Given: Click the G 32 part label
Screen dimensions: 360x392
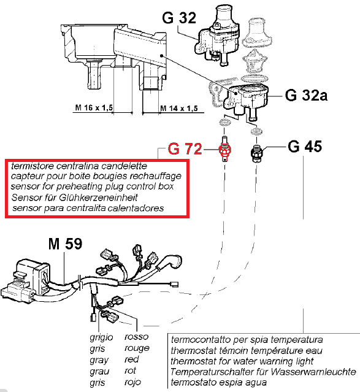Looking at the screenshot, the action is point(179,18).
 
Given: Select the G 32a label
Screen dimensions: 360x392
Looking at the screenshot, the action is point(306,95).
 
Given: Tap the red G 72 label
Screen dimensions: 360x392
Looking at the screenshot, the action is point(185,149).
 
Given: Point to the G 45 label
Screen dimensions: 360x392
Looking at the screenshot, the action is point(305,147).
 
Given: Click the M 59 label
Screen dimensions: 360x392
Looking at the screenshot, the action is point(65,244).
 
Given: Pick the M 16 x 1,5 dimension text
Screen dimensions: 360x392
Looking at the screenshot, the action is point(94,108).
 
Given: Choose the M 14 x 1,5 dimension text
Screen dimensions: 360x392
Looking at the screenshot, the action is point(178,108).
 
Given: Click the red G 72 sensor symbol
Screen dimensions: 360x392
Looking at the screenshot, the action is point(224,150).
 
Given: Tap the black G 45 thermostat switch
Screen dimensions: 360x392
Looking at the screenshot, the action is point(256,153).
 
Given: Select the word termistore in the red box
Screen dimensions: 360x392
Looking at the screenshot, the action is point(33,166).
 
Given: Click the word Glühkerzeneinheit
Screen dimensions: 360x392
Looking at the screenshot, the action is point(99,198).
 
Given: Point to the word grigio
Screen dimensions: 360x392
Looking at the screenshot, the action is point(101,337).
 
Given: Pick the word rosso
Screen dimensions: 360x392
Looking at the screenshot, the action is point(137,337).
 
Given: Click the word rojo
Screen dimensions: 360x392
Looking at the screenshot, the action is point(132,382).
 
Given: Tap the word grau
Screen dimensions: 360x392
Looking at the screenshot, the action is point(99,372).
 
